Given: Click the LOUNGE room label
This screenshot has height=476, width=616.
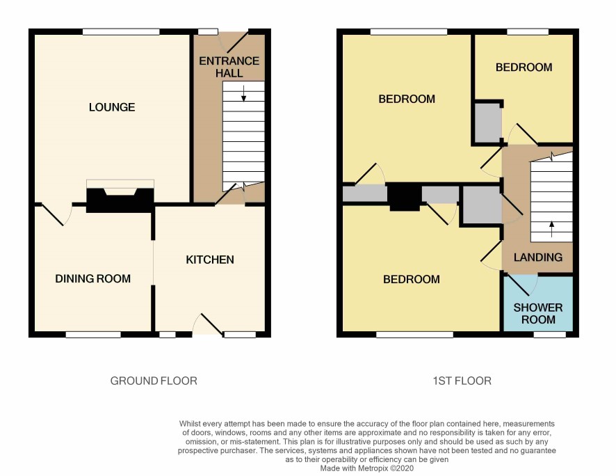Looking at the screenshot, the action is tap(112, 107).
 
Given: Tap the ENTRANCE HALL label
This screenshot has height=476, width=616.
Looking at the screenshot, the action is tap(229, 67).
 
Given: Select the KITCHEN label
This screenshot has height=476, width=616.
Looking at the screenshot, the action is tap(210, 260).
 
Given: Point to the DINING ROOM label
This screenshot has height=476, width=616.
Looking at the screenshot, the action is tap(92, 278).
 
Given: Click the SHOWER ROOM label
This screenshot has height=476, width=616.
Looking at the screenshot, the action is tap(538, 313).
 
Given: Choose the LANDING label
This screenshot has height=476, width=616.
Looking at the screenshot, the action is tap(538, 257).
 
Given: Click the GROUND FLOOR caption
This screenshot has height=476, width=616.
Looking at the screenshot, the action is tap(154, 381).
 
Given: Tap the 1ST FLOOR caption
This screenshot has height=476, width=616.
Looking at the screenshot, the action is tap(462, 381).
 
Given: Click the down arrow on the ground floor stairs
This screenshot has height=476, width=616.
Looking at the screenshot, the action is tap(243, 93).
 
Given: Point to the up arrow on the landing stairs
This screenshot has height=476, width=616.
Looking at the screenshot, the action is tap(551, 229).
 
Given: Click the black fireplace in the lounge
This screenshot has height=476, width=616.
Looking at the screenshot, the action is tap(120, 200).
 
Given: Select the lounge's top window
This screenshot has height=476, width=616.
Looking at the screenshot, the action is tap(121, 32).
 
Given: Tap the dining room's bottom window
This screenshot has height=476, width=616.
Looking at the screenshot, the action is tap(93, 335).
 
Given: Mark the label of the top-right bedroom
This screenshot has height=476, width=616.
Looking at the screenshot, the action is tap(524, 68).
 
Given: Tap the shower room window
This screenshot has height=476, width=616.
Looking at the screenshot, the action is tap(550, 335).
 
